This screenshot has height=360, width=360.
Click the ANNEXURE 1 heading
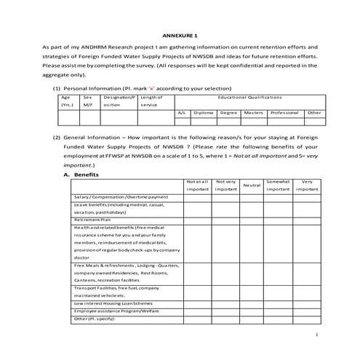[180, 34]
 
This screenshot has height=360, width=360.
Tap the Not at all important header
[197, 185]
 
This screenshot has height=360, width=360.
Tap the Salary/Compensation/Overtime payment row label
[120, 197]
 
